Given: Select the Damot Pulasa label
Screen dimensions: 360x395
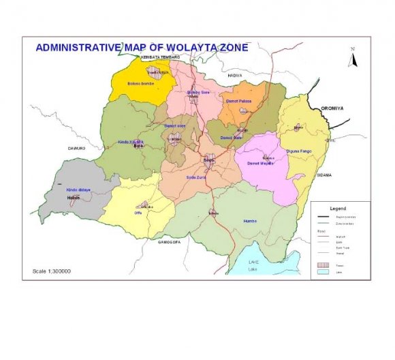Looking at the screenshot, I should point(238,101).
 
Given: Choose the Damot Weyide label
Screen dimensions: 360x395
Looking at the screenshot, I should point(260,164).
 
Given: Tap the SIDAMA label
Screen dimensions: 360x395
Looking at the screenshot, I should point(324,175).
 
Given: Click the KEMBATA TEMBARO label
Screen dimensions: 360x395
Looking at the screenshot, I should point(160,58).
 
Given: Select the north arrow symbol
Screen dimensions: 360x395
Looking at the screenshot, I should point(353,59).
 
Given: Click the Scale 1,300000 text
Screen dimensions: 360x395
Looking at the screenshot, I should point(52,271).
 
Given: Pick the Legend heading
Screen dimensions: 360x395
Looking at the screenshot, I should point(338,208).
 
